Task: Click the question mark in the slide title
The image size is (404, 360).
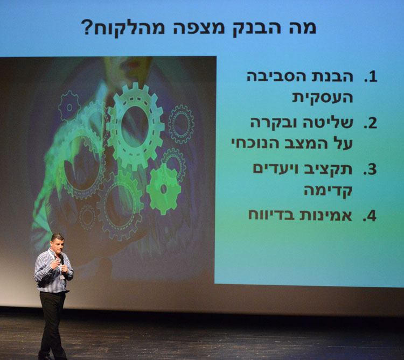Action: click(86, 27)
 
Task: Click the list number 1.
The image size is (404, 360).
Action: click(371, 77)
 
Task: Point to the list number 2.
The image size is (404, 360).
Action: click(370, 123)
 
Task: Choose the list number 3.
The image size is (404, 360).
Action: click(370, 170)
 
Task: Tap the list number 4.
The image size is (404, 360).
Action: click(370, 216)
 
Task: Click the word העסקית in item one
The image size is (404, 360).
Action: click(322, 98)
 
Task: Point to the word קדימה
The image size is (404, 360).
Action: click(328, 190)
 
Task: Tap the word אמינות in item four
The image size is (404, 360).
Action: click(325, 215)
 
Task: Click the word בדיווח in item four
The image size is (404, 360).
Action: click(271, 215)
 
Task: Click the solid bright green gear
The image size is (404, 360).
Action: click(164, 189)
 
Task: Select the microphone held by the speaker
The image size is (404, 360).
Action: click(61, 259)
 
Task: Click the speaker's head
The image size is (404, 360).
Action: click(58, 243)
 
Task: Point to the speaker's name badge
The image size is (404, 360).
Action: click(62, 277)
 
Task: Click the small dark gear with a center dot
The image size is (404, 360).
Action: click(69, 106)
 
